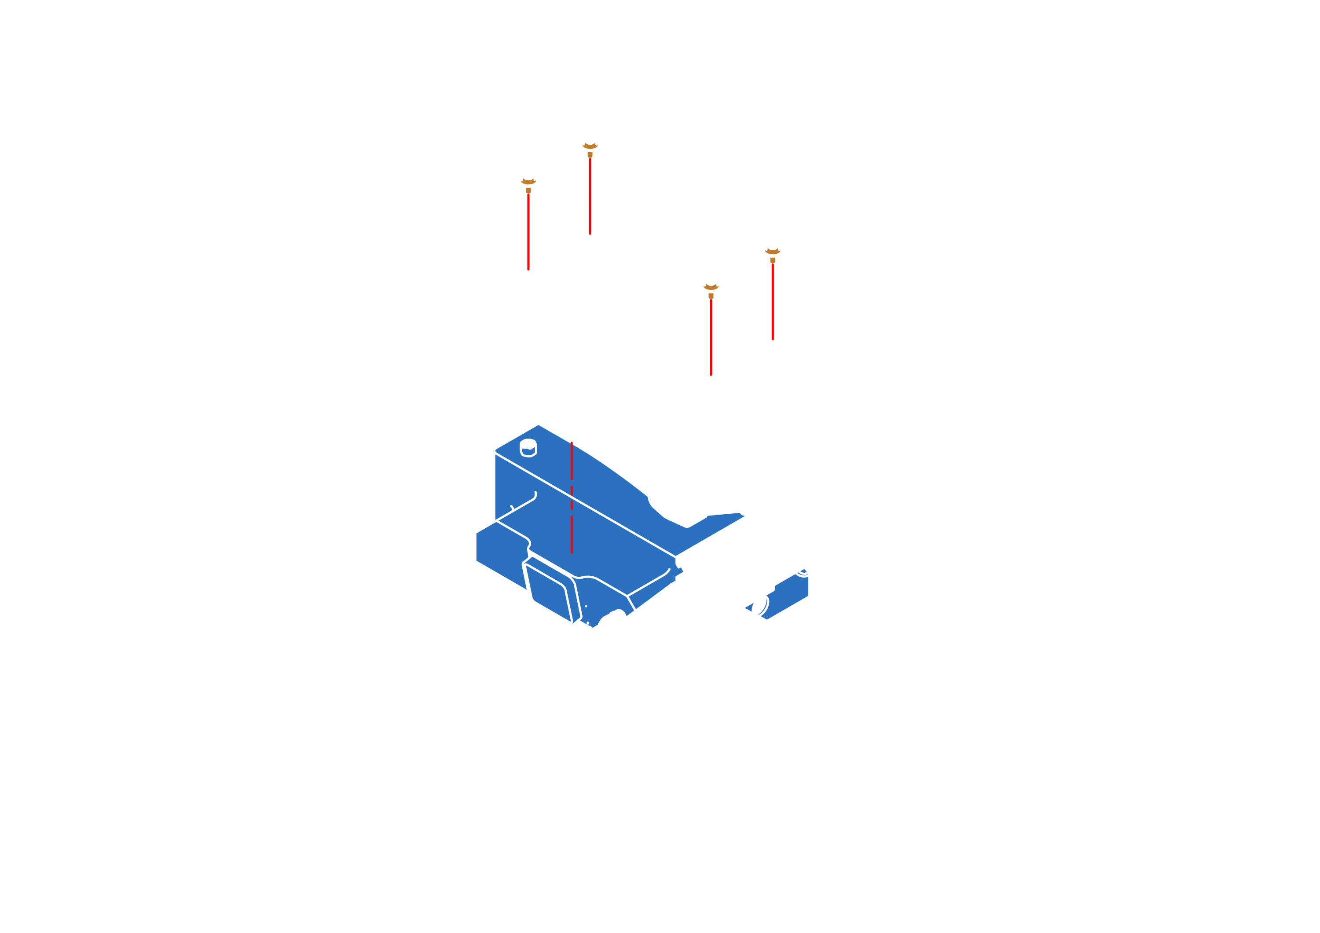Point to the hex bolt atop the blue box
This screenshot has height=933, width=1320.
(528, 448)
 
